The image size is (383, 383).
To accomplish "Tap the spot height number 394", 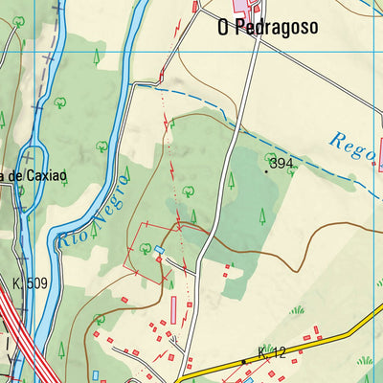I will coord(282,164).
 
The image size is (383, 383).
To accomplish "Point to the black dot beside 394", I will coord(267,170).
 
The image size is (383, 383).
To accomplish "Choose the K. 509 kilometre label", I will coord(30,283).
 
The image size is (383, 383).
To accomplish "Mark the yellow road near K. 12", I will coord(316,346).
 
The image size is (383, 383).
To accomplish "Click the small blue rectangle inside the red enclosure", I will coord(160,250).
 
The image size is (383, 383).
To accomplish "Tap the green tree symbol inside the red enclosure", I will coord(146,248).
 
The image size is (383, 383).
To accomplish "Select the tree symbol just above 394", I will coord(271,157).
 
